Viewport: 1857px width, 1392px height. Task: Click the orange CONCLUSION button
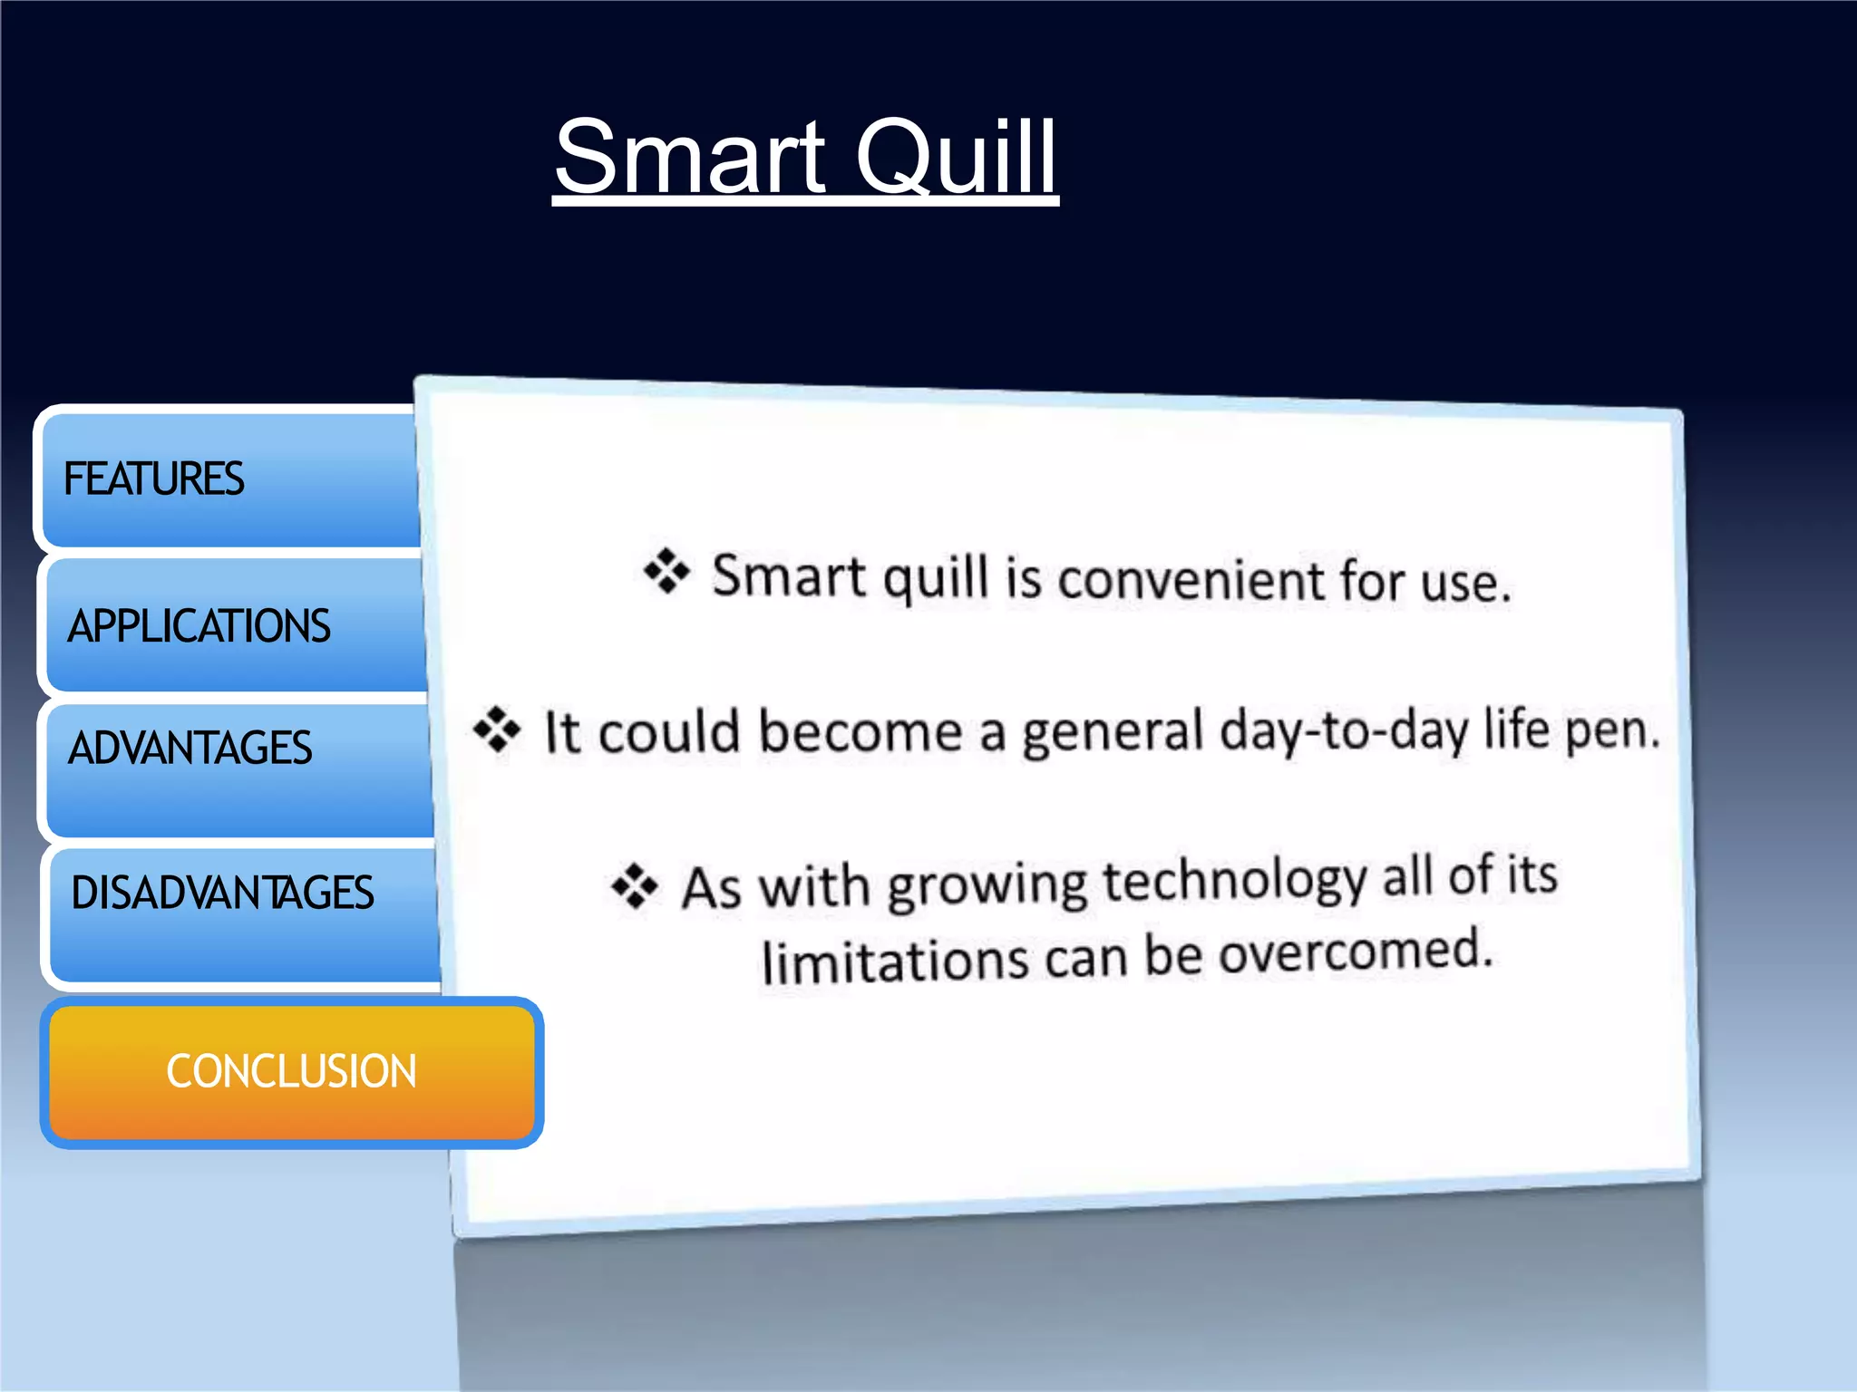pos(291,1071)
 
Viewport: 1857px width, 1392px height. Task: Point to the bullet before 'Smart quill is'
pos(666,571)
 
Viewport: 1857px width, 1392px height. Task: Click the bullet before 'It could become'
pos(497,729)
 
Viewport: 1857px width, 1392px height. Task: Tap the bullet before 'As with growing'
pos(635,885)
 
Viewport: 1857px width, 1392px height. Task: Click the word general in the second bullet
pos(1113,732)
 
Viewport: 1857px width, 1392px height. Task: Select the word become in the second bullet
pos(860,730)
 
